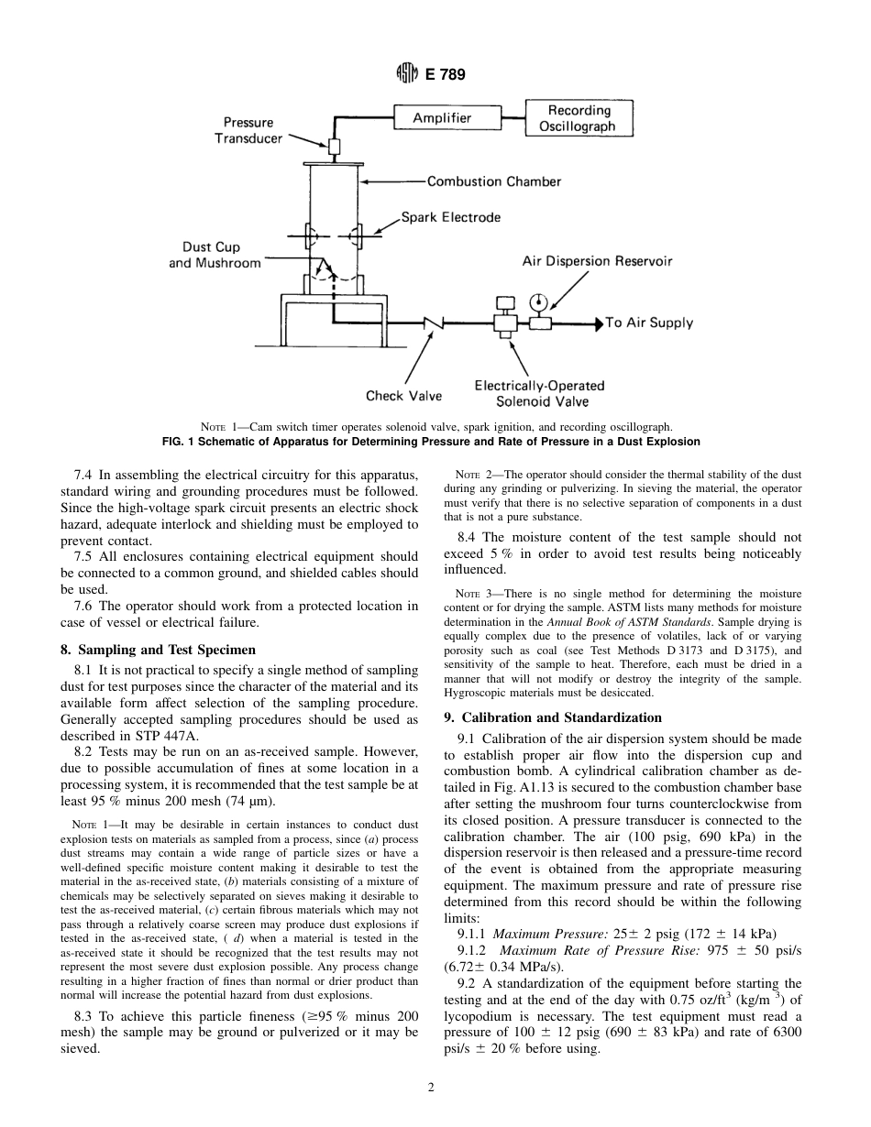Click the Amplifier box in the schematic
point(442,118)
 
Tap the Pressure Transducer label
point(248,130)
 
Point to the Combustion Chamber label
point(493,181)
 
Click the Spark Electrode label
point(451,217)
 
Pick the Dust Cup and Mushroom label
point(214,255)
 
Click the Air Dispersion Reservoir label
point(597,261)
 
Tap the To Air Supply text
point(649,323)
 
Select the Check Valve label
point(403,396)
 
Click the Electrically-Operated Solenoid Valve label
point(533,393)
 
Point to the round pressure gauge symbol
point(538,301)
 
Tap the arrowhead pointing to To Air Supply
point(599,323)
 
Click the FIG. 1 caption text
point(430,442)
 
